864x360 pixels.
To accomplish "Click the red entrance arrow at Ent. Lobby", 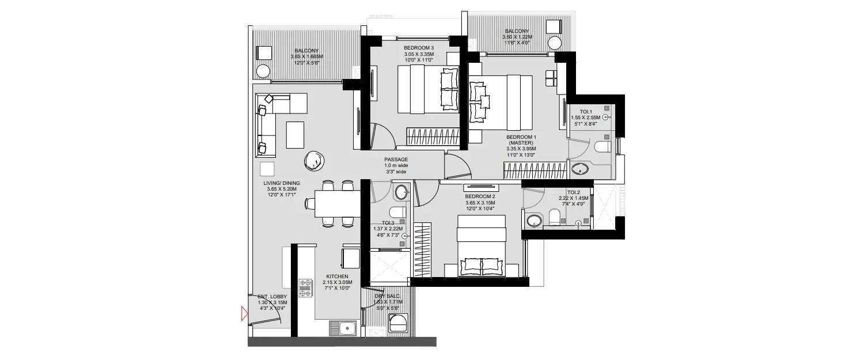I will click(x=244, y=314).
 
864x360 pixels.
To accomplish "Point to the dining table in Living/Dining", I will click(x=335, y=203).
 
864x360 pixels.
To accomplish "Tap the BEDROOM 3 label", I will click(x=419, y=48).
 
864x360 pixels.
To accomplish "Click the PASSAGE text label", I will click(x=396, y=160).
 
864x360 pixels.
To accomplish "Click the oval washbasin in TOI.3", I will click(x=401, y=192).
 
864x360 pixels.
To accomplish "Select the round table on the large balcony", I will click(x=263, y=71).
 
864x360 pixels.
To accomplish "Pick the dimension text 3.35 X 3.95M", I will click(x=521, y=149).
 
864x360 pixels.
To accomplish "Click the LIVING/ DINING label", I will click(x=283, y=183).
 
